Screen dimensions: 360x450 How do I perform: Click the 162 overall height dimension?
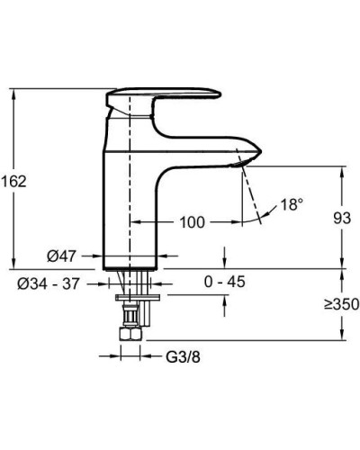click(13, 181)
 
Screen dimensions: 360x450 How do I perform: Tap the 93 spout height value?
click(342, 218)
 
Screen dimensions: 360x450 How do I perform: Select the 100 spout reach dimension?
click(192, 222)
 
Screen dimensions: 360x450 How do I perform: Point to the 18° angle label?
click(292, 204)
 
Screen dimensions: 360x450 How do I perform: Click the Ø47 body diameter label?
click(62, 256)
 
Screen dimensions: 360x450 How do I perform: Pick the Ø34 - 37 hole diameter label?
click(49, 283)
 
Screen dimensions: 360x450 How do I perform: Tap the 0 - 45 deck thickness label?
click(224, 282)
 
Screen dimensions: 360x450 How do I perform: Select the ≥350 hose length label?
click(342, 304)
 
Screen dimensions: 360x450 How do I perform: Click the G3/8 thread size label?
click(183, 357)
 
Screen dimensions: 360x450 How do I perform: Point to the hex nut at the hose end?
click(130, 334)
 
